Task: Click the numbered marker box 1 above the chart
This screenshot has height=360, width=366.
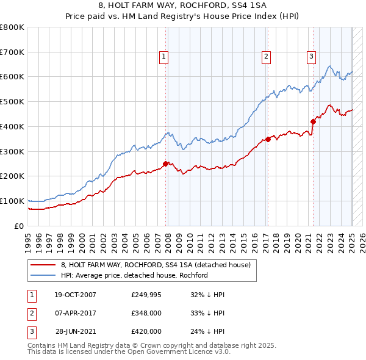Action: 165,57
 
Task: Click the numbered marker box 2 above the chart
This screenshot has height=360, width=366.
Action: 267,57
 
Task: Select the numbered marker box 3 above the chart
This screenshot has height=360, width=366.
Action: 311,57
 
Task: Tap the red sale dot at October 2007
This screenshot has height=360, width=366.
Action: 165,164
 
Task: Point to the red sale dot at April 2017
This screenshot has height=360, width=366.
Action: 267,139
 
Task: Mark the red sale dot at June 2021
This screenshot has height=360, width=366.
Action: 313,121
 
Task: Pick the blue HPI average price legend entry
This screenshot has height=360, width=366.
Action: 134,276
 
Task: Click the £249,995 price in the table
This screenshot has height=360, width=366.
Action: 146,295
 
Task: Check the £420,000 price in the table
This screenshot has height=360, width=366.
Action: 146,331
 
